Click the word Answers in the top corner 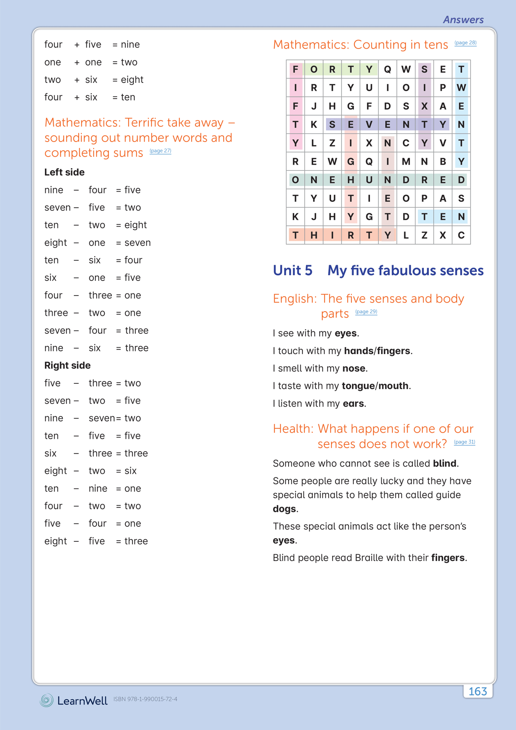463,20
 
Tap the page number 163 477,691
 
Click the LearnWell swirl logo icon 46,700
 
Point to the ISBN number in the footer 145,699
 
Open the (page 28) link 465,43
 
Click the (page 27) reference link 160,151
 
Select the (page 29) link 366,312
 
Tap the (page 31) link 464,442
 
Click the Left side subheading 64,172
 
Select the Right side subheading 67,366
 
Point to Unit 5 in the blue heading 292,270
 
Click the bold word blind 444,463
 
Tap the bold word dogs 284,509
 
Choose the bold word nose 354,368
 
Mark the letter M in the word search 406,162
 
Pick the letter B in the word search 443,162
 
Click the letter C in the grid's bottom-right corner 461,235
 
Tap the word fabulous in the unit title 407,270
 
